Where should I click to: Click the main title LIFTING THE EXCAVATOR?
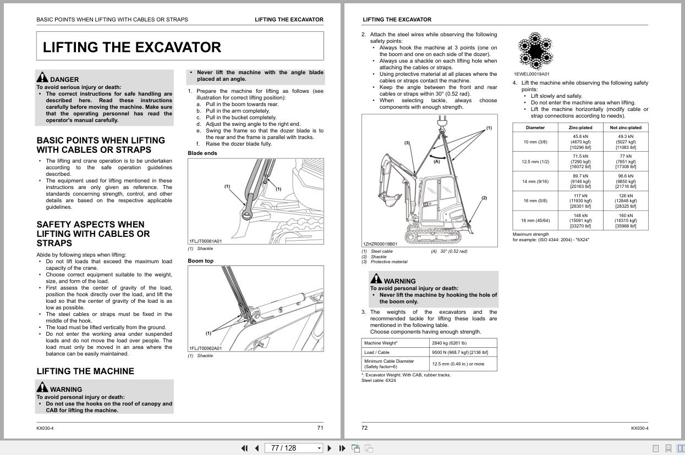click(x=132, y=47)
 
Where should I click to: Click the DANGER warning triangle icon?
click(x=42, y=77)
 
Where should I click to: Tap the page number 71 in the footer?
click(x=320, y=428)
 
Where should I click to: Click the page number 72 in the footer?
click(x=364, y=428)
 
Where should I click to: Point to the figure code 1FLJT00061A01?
click(x=205, y=241)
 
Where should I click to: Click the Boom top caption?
click(x=200, y=261)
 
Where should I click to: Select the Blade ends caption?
click(x=202, y=153)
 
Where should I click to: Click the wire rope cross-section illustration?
click(x=534, y=51)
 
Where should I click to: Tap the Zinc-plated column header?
click(x=580, y=127)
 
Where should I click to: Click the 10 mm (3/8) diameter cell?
click(x=535, y=142)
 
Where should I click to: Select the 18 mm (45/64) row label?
click(x=535, y=220)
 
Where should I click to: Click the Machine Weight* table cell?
click(x=395, y=343)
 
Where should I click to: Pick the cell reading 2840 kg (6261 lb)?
click(x=463, y=343)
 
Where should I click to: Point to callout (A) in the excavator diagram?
click(x=436, y=162)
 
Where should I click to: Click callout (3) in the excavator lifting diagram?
click(x=407, y=143)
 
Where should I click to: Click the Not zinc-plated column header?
click(x=626, y=127)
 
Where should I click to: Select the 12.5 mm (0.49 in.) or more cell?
click(x=463, y=364)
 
